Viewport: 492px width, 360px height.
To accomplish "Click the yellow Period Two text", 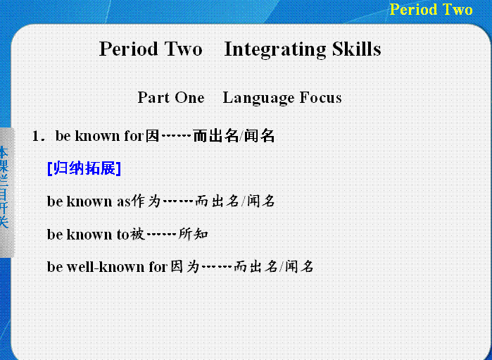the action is pyautogui.click(x=431, y=9).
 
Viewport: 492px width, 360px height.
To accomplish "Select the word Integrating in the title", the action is pyautogui.click(x=275, y=49).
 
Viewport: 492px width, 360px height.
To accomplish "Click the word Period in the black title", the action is pyautogui.click(x=128, y=49).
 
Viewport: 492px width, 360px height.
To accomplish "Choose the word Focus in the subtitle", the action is pyautogui.click(x=320, y=97).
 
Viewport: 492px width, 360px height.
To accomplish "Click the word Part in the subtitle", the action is pyautogui.click(x=153, y=97).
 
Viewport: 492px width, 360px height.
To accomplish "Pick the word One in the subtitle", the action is pyautogui.click(x=189, y=97).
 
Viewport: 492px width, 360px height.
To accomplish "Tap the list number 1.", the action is pyautogui.click(x=37, y=136).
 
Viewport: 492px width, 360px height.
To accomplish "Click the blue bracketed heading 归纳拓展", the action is pyautogui.click(x=84, y=168).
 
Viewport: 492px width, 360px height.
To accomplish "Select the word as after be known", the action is pyautogui.click(x=123, y=201).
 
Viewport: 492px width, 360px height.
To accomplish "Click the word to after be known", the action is pyautogui.click(x=122, y=235).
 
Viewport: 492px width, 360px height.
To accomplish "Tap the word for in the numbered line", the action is pyautogui.click(x=134, y=136).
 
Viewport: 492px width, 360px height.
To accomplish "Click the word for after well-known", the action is pyautogui.click(x=158, y=267).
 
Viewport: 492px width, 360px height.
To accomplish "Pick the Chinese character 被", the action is pyautogui.click(x=137, y=234).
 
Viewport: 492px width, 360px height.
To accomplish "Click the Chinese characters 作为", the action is pyautogui.click(x=146, y=201).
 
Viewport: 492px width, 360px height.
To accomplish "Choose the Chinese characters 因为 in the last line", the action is pyautogui.click(x=185, y=267).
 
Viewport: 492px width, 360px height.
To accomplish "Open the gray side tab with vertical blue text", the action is pyautogui.click(x=7, y=192).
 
